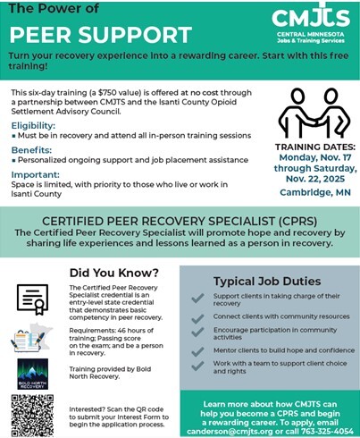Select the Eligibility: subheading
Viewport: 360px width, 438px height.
[33, 127]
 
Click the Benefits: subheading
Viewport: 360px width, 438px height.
[31, 150]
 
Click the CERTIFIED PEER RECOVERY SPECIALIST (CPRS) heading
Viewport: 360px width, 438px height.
[180, 220]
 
